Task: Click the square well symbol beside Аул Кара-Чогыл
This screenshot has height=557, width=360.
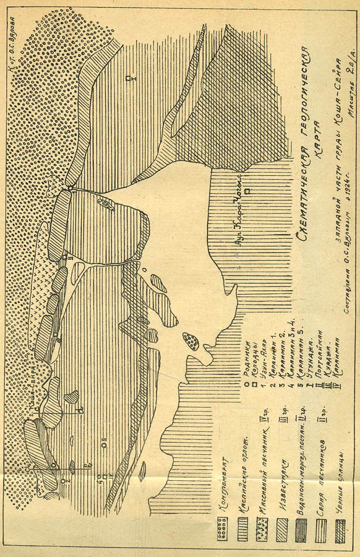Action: coord(247,192)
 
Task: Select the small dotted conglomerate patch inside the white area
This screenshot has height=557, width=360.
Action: coord(190,340)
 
